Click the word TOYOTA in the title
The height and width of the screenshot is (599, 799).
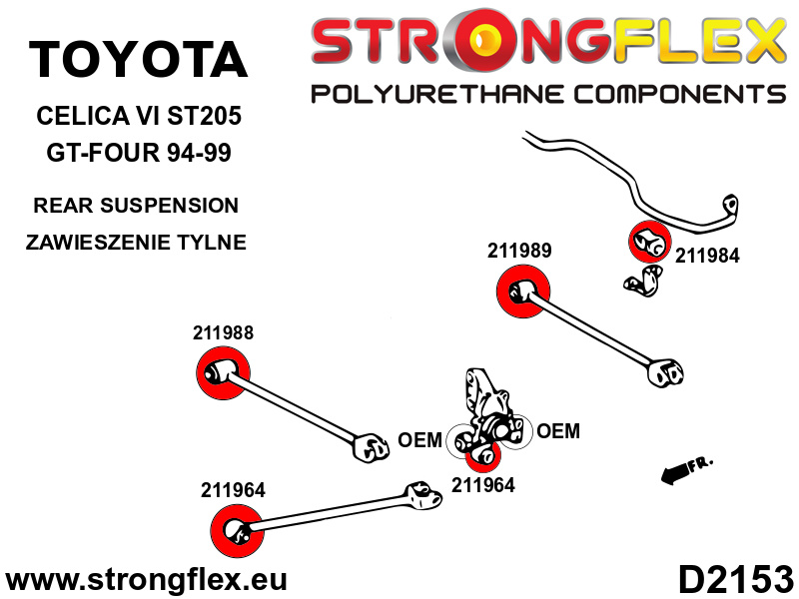(x=138, y=60)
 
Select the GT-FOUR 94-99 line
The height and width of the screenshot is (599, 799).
(x=138, y=155)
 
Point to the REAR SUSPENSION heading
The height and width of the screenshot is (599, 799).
(x=136, y=206)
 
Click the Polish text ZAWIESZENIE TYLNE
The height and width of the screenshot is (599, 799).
(x=139, y=242)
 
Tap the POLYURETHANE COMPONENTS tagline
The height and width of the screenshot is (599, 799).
(x=547, y=95)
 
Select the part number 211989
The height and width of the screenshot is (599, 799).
(x=519, y=251)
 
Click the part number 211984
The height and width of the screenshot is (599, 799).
(x=707, y=256)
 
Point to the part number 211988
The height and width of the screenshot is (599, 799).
(x=223, y=334)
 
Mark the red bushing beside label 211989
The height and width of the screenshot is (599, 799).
(x=523, y=295)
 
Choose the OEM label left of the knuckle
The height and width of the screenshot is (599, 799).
(x=419, y=440)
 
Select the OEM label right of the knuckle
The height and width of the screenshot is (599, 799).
(x=557, y=431)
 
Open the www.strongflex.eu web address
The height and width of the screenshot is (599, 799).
(x=147, y=579)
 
